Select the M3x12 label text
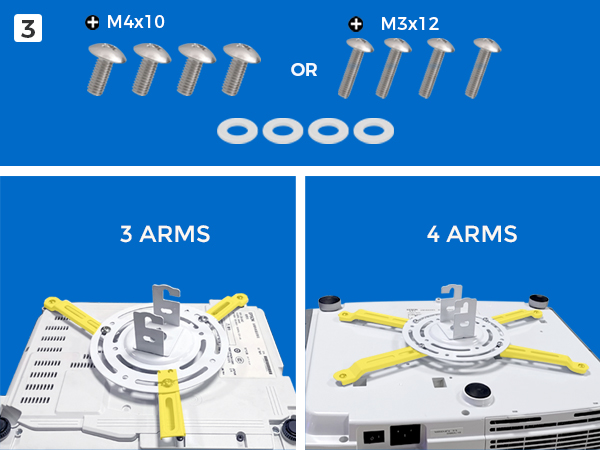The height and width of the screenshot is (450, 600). pos(409,23)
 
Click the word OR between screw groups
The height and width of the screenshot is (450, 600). pos(304,71)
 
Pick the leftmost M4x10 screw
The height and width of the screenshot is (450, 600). pos(104,71)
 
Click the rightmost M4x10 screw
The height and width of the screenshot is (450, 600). pos(240,71)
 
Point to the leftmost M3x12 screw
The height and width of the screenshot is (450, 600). pos(356,68)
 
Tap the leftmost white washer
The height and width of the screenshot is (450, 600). pos(236,130)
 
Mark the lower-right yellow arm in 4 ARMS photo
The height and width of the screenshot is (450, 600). pos(540,352)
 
